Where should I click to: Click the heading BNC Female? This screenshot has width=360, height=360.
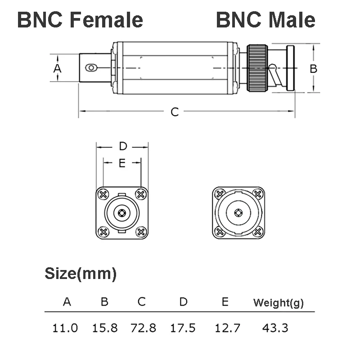click(80, 20)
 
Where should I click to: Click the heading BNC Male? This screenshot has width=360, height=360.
click(265, 20)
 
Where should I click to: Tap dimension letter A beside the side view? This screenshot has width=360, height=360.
click(57, 68)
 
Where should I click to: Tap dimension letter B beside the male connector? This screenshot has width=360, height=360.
click(314, 68)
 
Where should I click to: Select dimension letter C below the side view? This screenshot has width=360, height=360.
click(175, 112)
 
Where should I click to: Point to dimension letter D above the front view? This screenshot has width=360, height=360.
click(123, 146)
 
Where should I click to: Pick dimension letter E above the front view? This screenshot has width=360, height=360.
click(122, 163)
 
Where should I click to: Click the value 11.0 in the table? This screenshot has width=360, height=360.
click(65, 328)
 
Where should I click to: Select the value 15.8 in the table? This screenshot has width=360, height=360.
click(105, 328)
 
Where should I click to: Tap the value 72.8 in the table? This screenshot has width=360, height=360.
click(143, 328)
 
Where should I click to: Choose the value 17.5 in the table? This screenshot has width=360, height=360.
click(183, 328)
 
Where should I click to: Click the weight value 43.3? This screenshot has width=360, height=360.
click(275, 328)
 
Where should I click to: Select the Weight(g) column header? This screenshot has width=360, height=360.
click(278, 302)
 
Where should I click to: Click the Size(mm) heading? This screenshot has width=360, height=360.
click(81, 273)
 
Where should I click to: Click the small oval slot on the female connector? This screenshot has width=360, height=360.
click(92, 68)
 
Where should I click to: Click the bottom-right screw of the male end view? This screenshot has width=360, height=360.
click(258, 232)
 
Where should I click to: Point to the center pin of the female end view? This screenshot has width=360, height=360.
click(122, 213)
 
